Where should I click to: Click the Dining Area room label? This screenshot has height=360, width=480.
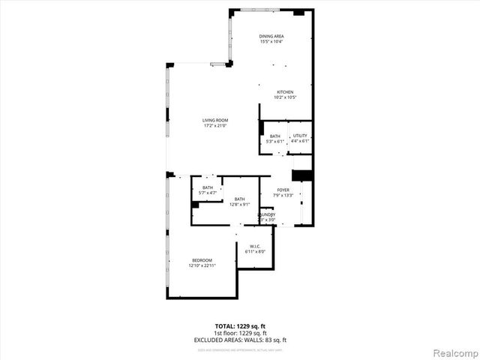pyautogui.click(x=270, y=37)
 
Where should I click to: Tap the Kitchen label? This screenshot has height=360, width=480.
pyautogui.click(x=274, y=92)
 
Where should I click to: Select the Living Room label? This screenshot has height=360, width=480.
pyautogui.click(x=214, y=121)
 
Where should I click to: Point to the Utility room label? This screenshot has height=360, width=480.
pyautogui.click(x=300, y=136)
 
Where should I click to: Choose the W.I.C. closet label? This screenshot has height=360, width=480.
pyautogui.click(x=255, y=247)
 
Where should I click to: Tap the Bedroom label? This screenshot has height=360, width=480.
pyautogui.click(x=202, y=261)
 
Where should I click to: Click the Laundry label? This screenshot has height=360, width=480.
pyautogui.click(x=267, y=214)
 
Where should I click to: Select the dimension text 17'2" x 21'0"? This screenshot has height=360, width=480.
pyautogui.click(x=214, y=126)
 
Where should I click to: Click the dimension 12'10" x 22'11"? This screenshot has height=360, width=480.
pyautogui.click(x=202, y=266)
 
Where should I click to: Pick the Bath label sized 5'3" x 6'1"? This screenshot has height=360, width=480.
pyautogui.click(x=275, y=136)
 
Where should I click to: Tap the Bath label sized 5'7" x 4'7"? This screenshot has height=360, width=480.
pyautogui.click(x=207, y=187)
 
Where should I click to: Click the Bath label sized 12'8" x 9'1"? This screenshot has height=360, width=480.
pyautogui.click(x=239, y=199)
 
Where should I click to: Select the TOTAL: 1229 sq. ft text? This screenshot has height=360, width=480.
pyautogui.click(x=239, y=326)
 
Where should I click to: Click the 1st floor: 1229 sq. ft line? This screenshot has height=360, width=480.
pyautogui.click(x=239, y=333)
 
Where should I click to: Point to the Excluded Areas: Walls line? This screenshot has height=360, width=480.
pyautogui.click(x=239, y=340)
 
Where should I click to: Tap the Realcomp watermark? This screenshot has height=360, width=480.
pyautogui.click(x=453, y=351)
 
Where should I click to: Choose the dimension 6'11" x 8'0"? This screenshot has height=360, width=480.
pyautogui.click(x=255, y=252)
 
